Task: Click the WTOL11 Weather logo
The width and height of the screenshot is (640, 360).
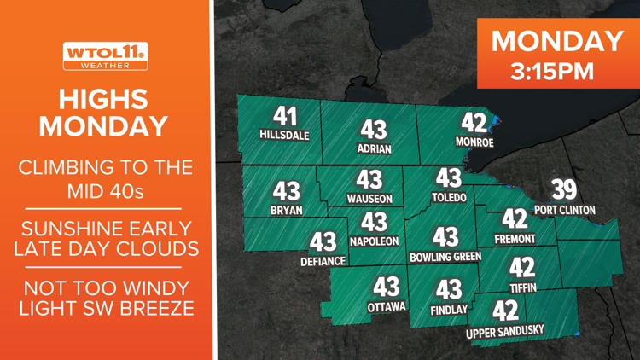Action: (105, 56)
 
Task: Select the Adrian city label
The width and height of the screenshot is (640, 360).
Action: (374, 148)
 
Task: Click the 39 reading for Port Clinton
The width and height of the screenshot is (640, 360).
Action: (564, 189)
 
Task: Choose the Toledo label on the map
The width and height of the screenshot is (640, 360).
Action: (449, 197)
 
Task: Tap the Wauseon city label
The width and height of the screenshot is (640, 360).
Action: (369, 199)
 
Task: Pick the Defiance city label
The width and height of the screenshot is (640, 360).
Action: (323, 261)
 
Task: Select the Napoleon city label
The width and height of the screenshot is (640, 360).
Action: (375, 241)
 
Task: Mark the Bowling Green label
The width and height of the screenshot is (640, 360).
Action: (445, 256)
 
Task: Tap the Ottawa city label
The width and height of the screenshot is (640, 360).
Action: (386, 305)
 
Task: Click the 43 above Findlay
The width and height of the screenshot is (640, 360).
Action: (449, 291)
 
